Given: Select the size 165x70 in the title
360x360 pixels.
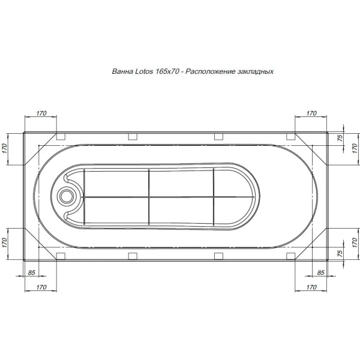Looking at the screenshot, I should tap(167, 71).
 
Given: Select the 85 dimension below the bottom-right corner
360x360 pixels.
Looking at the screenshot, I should tap(320, 273).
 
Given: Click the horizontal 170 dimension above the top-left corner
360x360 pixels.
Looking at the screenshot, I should tap(41, 113).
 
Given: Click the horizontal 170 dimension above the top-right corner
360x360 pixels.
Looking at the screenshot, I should tap(311, 113).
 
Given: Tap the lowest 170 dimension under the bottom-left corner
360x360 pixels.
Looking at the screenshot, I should tap(41, 288).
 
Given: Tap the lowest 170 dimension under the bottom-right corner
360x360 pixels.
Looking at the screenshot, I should tap(311, 288).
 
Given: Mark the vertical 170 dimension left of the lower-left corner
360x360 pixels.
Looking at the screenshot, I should tap(4, 242).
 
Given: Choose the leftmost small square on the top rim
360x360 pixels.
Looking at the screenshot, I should tap(60, 136).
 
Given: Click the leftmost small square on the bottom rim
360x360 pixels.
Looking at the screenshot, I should tap(60, 254).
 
